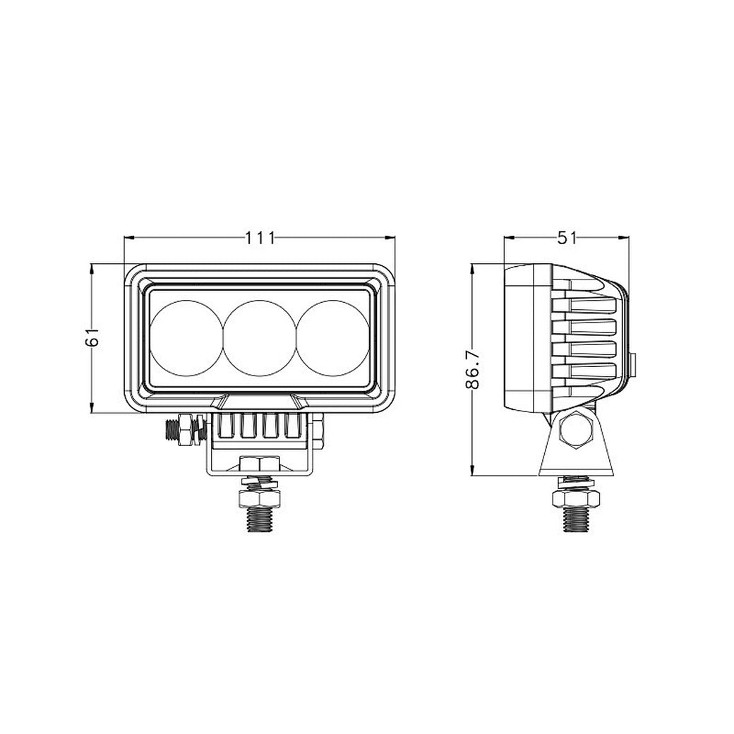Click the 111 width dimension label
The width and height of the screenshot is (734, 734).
point(260,238)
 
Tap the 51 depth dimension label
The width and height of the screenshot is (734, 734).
point(566,238)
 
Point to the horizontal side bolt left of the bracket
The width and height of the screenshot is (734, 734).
point(172,428)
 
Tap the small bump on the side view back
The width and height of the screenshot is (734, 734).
point(633,363)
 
